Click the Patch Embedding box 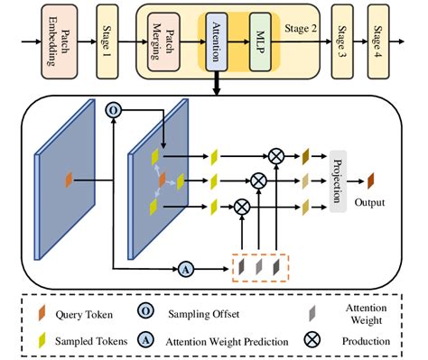pyautogui.click(x=60, y=42)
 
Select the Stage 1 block pyautogui.click(x=107, y=42)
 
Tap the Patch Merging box pyautogui.click(x=163, y=42)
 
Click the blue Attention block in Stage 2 pyautogui.click(x=217, y=42)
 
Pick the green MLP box pyautogui.click(x=260, y=42)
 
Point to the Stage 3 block pyautogui.click(x=342, y=42)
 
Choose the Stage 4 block pyautogui.click(x=378, y=42)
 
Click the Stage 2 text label pyautogui.click(x=301, y=29)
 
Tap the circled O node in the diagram pyautogui.click(x=113, y=110)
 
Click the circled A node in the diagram pyautogui.click(x=186, y=269)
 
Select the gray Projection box pyautogui.click(x=338, y=181)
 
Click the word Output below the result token pyautogui.click(x=369, y=202)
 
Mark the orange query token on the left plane pyautogui.click(x=69, y=180)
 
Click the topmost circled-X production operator pyautogui.click(x=276, y=156)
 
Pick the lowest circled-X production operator pyautogui.click(x=242, y=207)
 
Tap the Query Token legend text pyautogui.click(x=84, y=315)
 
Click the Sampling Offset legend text pyautogui.click(x=204, y=314)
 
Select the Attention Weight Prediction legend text pyautogui.click(x=227, y=342)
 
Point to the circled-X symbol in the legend pyautogui.click(x=312, y=340)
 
